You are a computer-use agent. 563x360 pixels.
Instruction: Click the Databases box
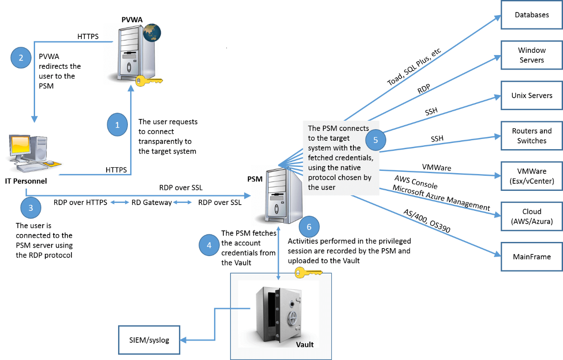coord(531,15)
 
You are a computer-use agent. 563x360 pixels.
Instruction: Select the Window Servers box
coord(531,55)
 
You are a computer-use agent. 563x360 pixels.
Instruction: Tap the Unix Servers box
coord(531,95)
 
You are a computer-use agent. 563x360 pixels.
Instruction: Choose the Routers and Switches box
coord(531,136)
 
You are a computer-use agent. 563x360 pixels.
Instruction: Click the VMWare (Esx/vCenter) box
coord(531,176)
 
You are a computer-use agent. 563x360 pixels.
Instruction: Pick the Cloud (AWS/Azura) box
coord(531,217)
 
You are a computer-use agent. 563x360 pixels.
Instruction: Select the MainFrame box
coord(531,257)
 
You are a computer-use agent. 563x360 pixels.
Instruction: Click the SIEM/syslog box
coord(150,340)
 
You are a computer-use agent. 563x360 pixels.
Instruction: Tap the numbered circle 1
coord(117,125)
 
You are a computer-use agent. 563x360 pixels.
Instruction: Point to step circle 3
coord(31,207)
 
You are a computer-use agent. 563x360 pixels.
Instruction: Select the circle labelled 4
coord(209,245)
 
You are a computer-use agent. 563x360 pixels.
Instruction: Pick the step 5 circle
coord(375,140)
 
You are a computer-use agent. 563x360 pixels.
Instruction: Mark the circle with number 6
coord(309,227)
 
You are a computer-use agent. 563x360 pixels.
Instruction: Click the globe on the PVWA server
coord(152,32)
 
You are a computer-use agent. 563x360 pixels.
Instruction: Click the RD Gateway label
coord(151,203)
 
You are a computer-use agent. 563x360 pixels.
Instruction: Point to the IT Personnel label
coord(26,181)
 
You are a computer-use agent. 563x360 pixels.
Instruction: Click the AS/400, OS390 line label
coord(426,221)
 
